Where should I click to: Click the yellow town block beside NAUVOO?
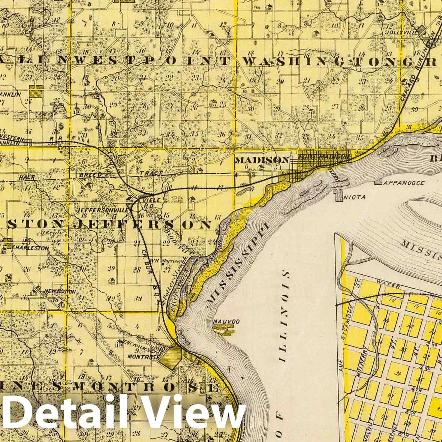223,329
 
